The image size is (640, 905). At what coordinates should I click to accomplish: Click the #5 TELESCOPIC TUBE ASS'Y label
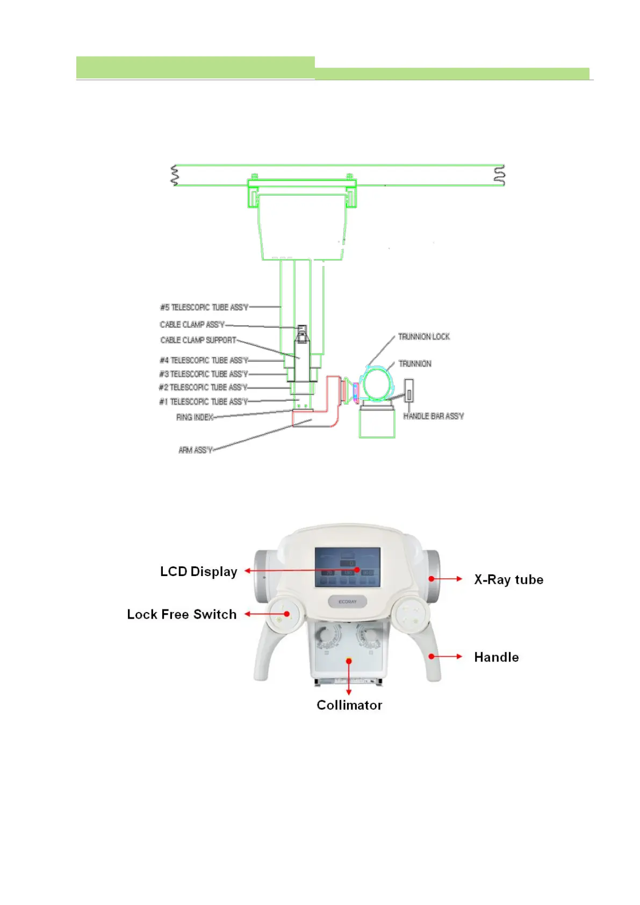click(204, 307)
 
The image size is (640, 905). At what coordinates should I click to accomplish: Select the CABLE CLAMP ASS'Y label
click(192, 325)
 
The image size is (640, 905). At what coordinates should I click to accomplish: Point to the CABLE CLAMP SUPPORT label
click(198, 340)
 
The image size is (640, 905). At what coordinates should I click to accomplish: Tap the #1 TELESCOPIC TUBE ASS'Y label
click(204, 401)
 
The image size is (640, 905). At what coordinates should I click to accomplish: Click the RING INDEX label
click(195, 417)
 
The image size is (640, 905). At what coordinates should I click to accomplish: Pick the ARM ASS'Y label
click(196, 450)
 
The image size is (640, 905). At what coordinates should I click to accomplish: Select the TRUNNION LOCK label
click(424, 337)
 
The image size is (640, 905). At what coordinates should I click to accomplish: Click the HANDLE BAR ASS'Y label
click(433, 416)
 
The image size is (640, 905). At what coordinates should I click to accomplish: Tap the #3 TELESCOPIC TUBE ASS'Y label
click(204, 374)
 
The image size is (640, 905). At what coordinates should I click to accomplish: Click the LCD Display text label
click(198, 571)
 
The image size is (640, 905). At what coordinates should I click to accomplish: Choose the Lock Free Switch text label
click(182, 614)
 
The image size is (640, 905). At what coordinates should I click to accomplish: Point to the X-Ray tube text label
click(508, 579)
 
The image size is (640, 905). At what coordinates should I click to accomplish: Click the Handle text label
click(496, 657)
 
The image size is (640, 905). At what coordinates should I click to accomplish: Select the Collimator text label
click(349, 705)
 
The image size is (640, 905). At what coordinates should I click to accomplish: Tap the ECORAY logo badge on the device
click(348, 602)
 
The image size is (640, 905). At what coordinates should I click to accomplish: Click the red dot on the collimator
click(349, 660)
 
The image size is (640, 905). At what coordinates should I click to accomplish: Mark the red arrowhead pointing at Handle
click(459, 657)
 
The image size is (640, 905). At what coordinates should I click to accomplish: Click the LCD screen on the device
click(347, 568)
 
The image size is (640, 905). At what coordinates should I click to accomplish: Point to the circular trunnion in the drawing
click(377, 384)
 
